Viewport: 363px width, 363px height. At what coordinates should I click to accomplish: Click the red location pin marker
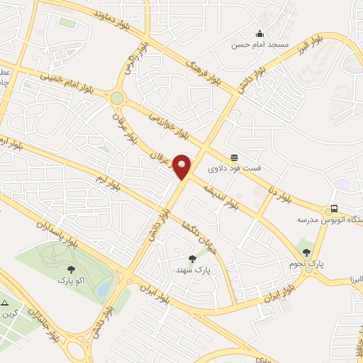pos(182,167)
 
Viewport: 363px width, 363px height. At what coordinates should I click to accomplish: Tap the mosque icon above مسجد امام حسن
pos(259,33)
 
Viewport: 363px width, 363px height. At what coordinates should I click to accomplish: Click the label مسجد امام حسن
pos(259,45)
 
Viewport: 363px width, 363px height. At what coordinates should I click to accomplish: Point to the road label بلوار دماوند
pos(119,14)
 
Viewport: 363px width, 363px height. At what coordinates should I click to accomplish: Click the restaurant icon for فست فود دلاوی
pos(234,157)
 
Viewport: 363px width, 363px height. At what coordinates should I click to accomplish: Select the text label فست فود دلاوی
pos(234,169)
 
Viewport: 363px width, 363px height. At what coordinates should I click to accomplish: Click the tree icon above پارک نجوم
pos(306,252)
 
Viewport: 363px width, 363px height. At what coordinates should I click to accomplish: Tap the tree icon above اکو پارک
pos(71,268)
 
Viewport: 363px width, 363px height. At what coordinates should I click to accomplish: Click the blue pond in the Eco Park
pos(104,288)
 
